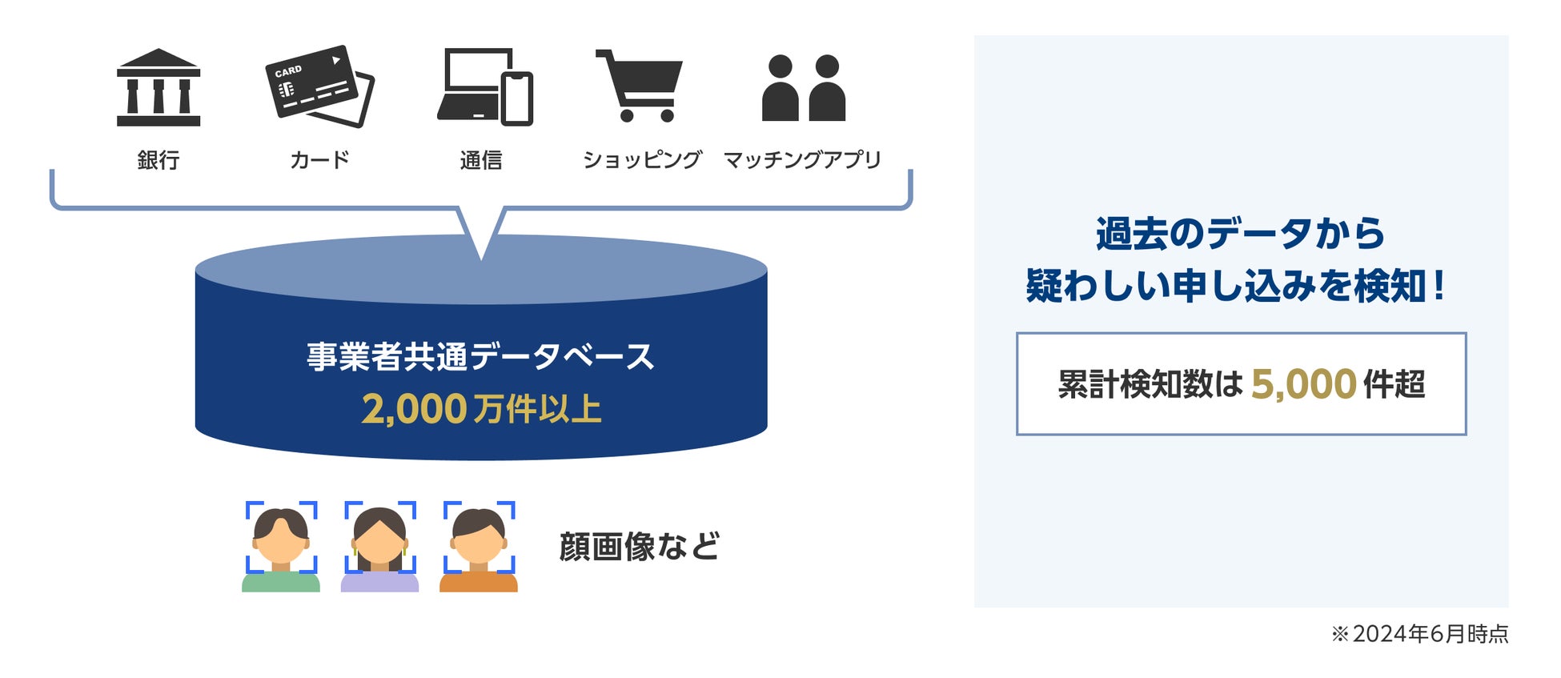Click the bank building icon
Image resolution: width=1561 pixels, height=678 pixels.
click(x=159, y=87)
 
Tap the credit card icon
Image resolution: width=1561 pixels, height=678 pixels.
click(x=319, y=86)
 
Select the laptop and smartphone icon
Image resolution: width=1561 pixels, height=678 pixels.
click(x=485, y=87)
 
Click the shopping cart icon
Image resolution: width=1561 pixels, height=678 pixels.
click(x=640, y=86)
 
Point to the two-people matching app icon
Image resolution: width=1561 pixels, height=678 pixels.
click(x=803, y=88)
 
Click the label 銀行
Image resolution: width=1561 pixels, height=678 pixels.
click(x=159, y=160)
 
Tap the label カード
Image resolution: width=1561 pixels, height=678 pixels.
click(x=319, y=160)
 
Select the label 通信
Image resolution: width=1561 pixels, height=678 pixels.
click(x=481, y=160)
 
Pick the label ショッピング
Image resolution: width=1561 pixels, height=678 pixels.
click(x=642, y=160)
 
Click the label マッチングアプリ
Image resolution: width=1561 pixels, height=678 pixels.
click(x=802, y=160)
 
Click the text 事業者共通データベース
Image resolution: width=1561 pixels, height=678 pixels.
click(x=481, y=356)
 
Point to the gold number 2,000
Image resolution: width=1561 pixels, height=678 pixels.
click(x=414, y=409)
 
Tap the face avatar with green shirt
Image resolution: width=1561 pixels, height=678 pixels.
click(x=281, y=548)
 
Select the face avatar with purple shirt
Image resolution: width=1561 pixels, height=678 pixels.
click(x=380, y=548)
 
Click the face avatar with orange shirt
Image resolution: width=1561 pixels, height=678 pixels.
click(x=479, y=548)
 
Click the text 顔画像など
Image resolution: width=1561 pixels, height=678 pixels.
click(x=640, y=547)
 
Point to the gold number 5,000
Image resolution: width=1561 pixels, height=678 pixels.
click(x=1303, y=384)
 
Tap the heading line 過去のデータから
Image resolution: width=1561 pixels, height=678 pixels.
click(x=1240, y=234)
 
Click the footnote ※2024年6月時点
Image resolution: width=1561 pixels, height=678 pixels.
click(x=1419, y=634)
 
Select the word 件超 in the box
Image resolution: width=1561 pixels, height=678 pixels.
click(x=1394, y=384)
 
